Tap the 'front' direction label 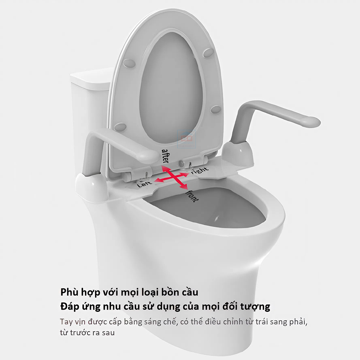pyautogui.click(x=192, y=195)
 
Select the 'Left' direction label pyautogui.click(x=145, y=184)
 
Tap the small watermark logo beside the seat pyautogui.click(x=186, y=139)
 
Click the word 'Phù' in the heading pyautogui.click(x=69, y=292)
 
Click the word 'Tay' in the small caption pyautogui.click(x=66, y=322)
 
